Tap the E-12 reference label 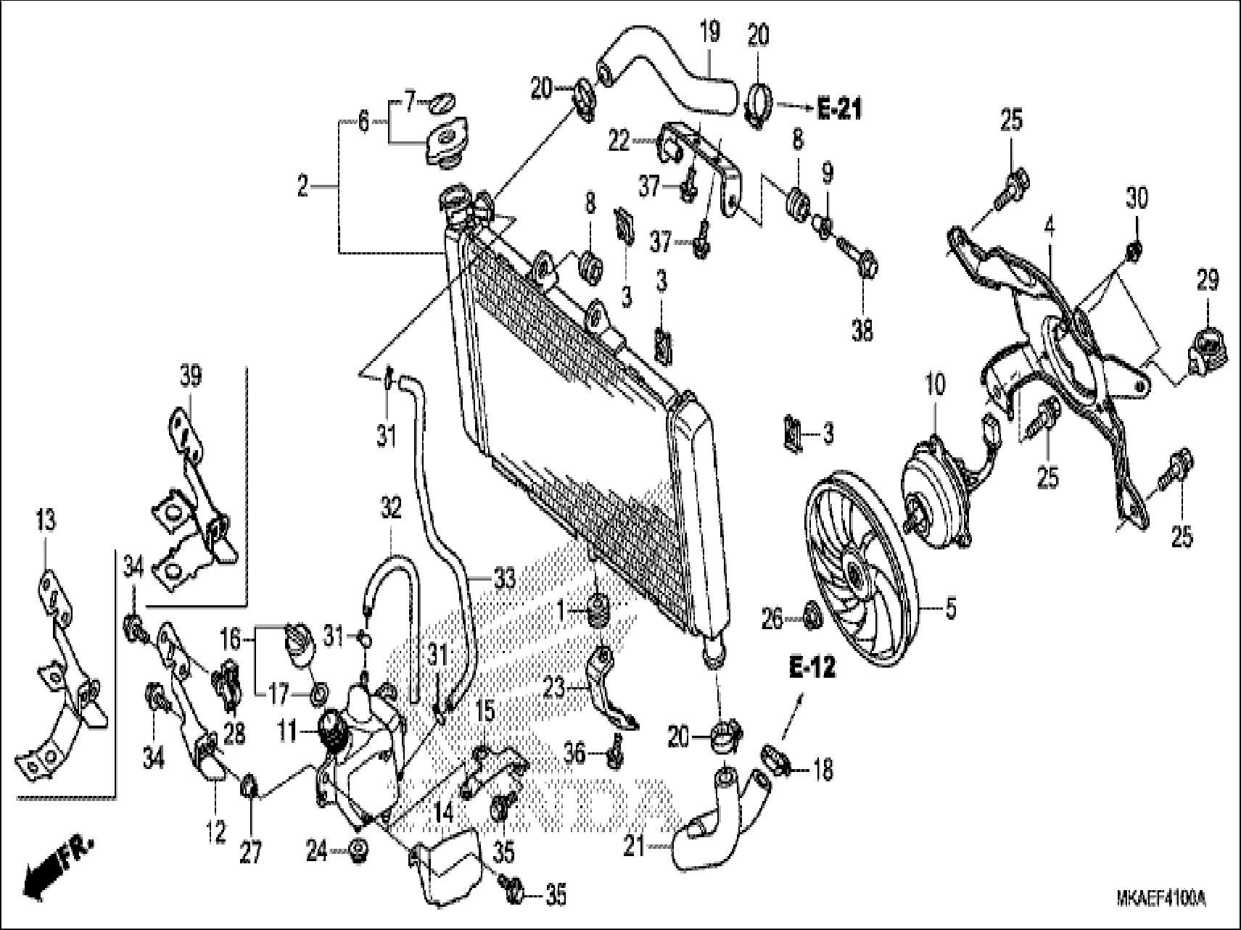coord(812,668)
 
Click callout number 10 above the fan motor coord(935,385)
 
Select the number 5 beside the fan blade coord(950,609)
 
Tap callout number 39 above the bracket coord(191,377)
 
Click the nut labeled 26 coord(811,618)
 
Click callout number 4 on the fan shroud coord(1049,228)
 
